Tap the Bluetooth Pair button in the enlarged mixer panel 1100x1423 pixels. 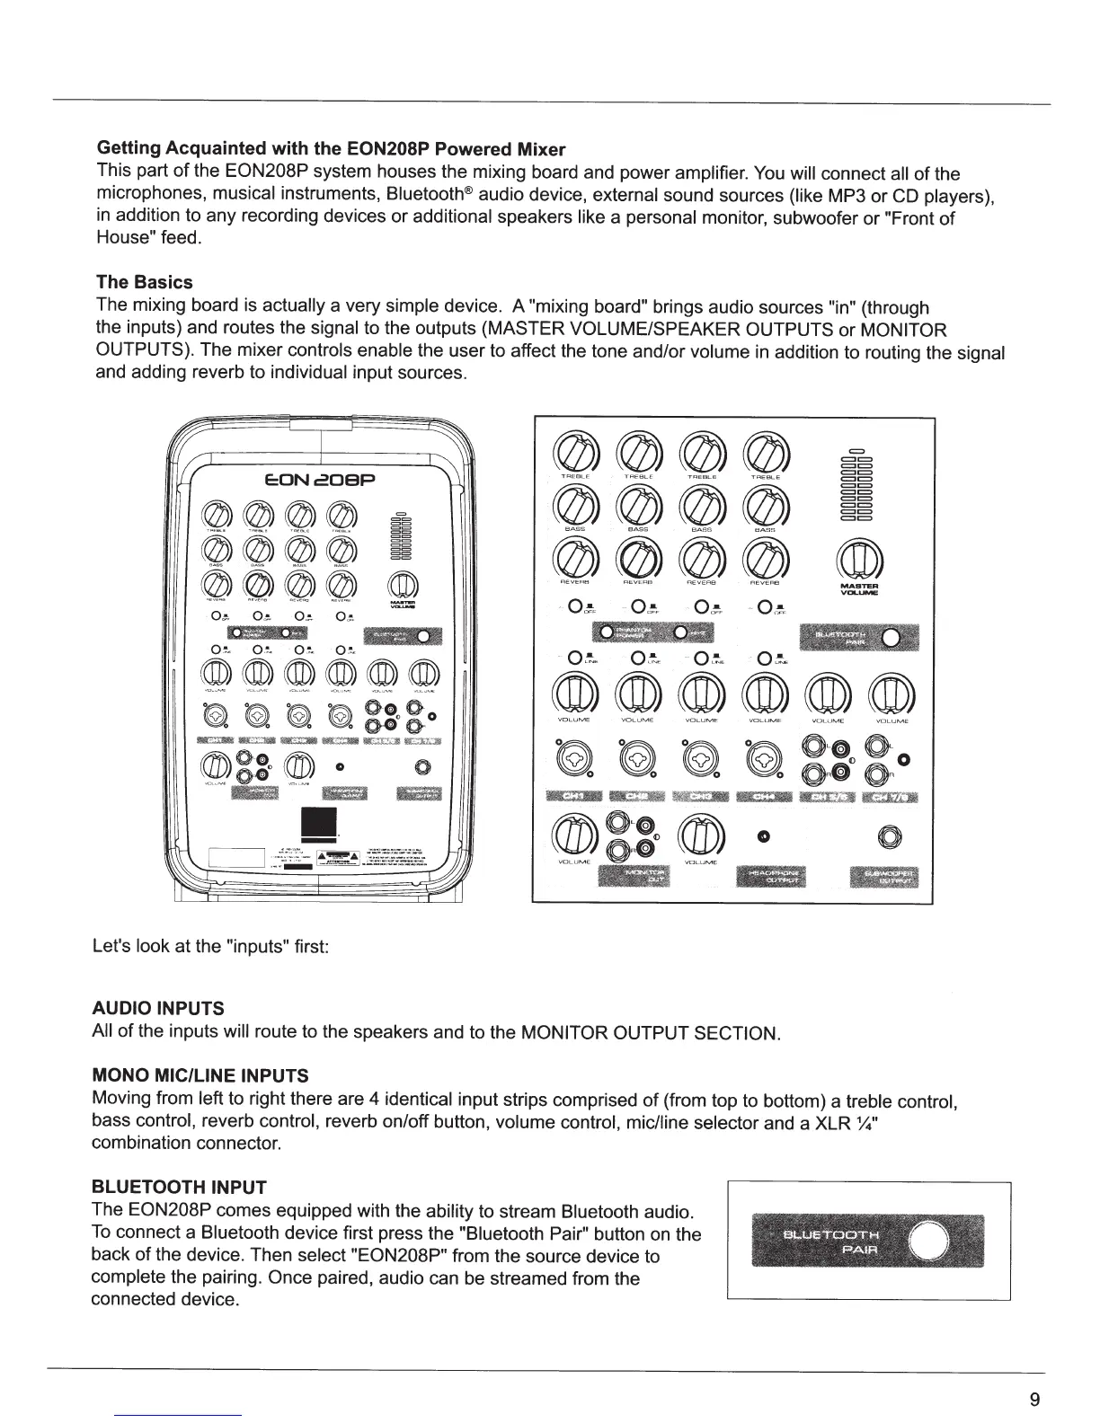[891, 638]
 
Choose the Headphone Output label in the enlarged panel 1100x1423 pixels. [771, 876]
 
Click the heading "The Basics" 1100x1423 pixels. [144, 282]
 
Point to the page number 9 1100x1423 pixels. [1035, 1399]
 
